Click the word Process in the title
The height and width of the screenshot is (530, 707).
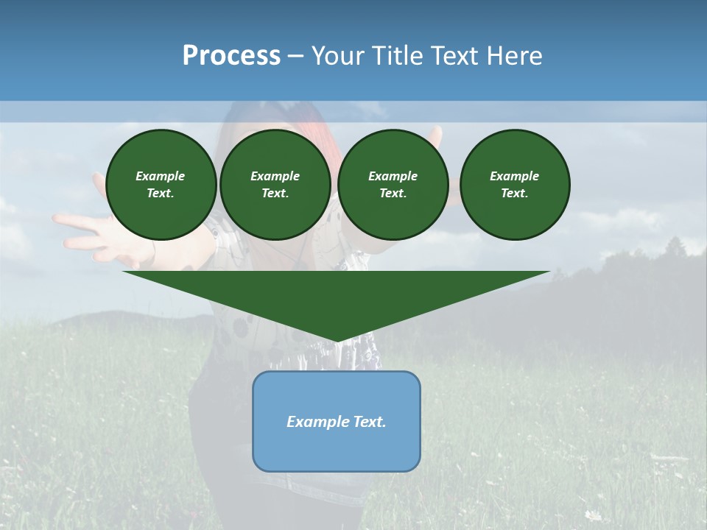pyautogui.click(x=231, y=55)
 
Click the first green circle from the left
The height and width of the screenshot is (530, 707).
pyautogui.click(x=161, y=185)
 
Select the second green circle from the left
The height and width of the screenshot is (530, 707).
pyautogui.click(x=275, y=185)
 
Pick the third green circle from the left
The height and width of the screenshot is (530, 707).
pyautogui.click(x=393, y=185)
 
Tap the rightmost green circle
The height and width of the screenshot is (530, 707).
pyautogui.click(x=514, y=185)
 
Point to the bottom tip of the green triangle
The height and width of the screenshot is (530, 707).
pyautogui.click(x=337, y=340)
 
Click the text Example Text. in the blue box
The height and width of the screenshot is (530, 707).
pyautogui.click(x=337, y=422)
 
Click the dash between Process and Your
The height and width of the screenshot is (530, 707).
pyautogui.click(x=295, y=55)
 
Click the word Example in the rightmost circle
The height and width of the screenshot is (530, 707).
pyautogui.click(x=514, y=176)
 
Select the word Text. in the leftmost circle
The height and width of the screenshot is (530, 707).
pyautogui.click(x=161, y=194)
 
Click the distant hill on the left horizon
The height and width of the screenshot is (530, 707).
pyautogui.click(x=103, y=318)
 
